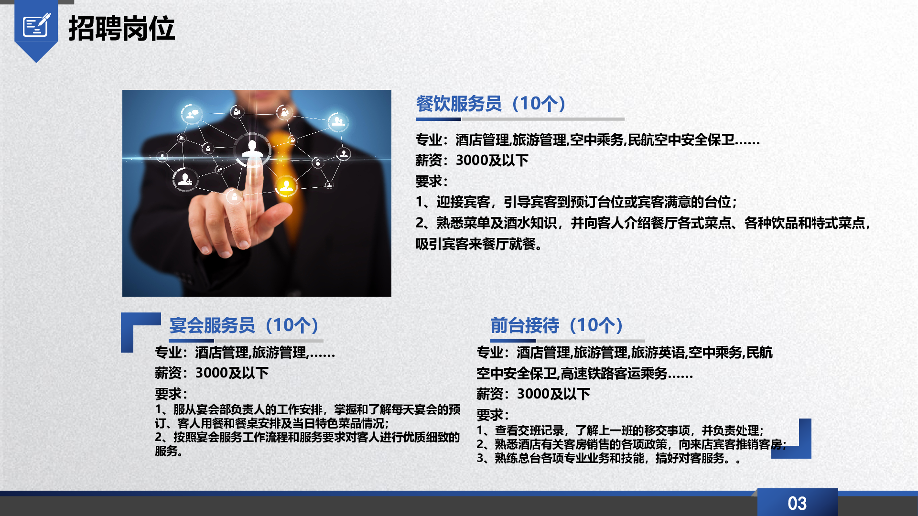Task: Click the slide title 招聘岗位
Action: tap(121, 28)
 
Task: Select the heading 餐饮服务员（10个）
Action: tap(491, 104)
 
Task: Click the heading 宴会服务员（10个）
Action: tap(244, 325)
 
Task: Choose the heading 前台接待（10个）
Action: tap(557, 325)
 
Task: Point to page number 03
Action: tap(797, 503)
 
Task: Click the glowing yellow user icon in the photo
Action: tap(286, 185)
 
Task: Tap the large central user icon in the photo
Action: tap(252, 149)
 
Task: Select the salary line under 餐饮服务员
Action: tap(472, 161)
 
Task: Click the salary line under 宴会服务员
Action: tap(212, 373)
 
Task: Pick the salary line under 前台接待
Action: tap(533, 394)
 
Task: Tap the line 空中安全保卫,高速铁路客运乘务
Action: tap(584, 374)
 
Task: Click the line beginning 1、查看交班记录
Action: tap(620, 430)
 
